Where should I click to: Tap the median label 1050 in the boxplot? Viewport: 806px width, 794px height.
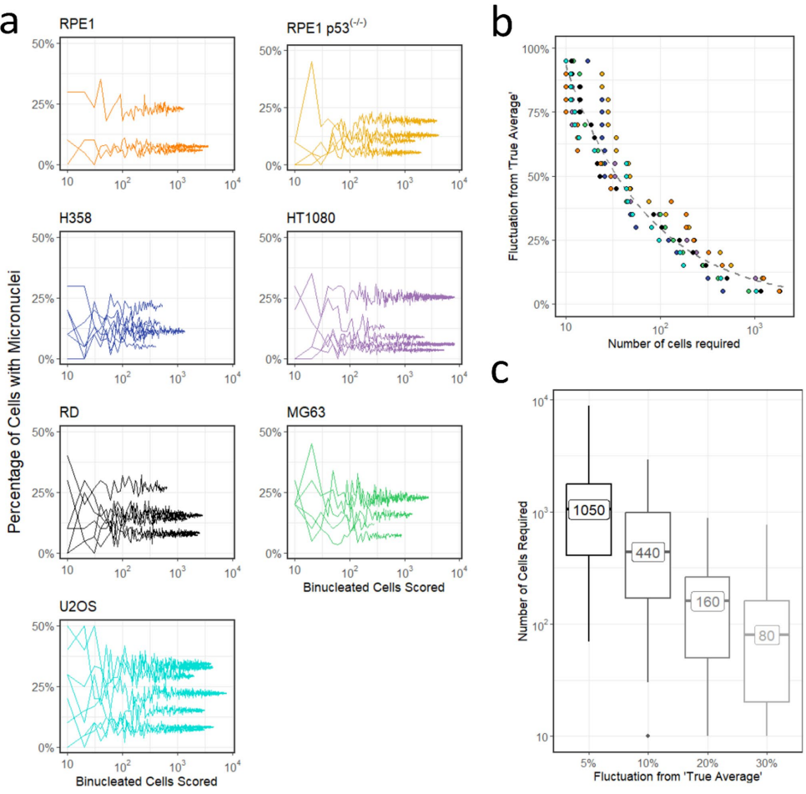(x=589, y=508)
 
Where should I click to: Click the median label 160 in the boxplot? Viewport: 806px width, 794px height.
(x=706, y=600)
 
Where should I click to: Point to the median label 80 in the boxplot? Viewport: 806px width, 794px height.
(x=765, y=635)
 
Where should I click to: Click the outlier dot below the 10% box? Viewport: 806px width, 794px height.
(x=647, y=736)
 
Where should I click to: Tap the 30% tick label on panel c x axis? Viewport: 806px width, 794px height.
(x=765, y=762)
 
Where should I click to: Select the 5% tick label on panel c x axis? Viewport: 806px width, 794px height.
(x=589, y=762)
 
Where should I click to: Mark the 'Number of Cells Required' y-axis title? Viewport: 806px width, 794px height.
(x=523, y=570)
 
